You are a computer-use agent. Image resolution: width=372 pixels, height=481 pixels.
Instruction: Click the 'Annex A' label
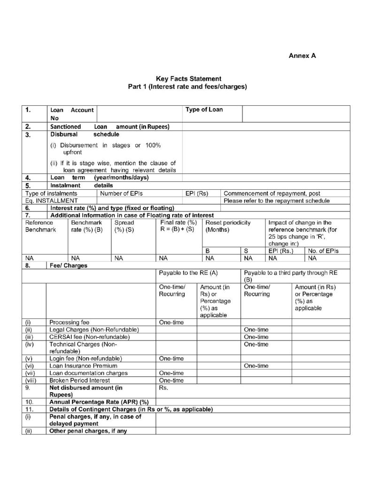pyautogui.click(x=302, y=55)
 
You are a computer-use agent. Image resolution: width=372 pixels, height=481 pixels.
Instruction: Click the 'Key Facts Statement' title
pyautogui.click(x=188, y=79)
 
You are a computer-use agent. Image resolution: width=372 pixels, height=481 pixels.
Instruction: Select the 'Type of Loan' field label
pyautogui.click(x=204, y=110)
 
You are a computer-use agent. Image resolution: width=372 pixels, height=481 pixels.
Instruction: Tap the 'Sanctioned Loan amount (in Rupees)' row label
pyautogui.click(x=109, y=126)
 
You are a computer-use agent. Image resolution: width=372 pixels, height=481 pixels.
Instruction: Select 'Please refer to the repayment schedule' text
pyautogui.click(x=277, y=201)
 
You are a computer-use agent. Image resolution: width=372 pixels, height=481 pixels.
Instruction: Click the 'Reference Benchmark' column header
pyautogui.click(x=40, y=226)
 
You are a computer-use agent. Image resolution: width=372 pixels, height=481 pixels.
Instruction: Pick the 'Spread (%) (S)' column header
pyautogui.click(x=124, y=226)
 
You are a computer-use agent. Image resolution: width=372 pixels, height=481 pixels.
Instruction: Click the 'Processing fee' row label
pyautogui.click(x=66, y=322)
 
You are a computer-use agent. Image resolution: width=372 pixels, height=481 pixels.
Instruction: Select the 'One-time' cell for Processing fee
pyautogui.click(x=171, y=322)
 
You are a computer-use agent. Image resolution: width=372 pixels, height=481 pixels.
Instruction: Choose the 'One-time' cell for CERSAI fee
pyautogui.click(x=256, y=337)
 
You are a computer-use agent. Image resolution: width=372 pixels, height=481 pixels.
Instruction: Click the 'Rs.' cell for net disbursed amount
pyautogui.click(x=163, y=388)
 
